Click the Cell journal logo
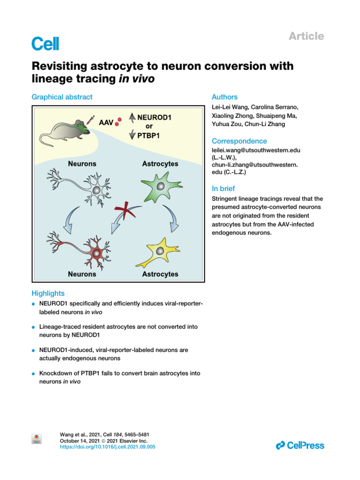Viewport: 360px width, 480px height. (45, 44)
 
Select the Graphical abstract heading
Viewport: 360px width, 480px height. (62, 97)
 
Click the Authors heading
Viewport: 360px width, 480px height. (225, 97)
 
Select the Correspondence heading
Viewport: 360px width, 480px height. (239, 141)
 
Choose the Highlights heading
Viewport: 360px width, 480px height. (48, 293)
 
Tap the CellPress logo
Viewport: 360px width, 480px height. (300, 445)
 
